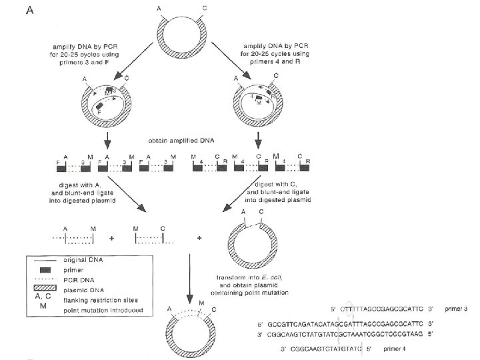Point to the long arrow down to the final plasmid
(x=191, y=280)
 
